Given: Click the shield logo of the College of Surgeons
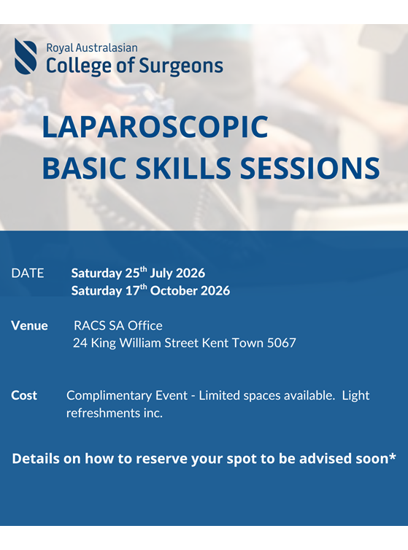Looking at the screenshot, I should coord(26,57).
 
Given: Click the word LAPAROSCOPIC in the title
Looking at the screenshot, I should coord(155,127).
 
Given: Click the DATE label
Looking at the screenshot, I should coord(28,274).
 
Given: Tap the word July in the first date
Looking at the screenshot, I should coord(162,274).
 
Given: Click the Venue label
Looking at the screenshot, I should coord(29,325).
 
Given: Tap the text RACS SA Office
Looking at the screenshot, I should coord(118,325).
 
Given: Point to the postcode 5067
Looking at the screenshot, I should coord(281,342).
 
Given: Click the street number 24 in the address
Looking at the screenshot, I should coord(80,342).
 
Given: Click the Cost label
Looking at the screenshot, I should coord(24,395).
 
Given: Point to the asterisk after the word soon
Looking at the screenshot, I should coord(392,457).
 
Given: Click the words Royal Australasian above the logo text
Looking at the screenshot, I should coord(91,47).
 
